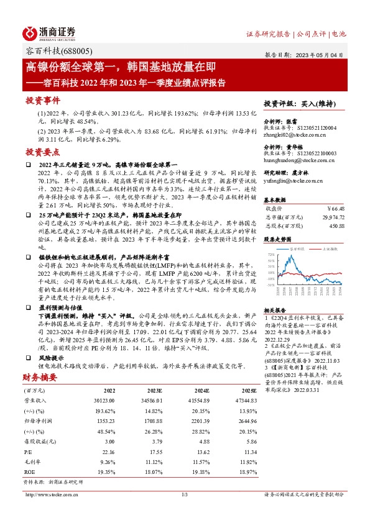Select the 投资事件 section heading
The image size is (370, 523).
click(42, 100)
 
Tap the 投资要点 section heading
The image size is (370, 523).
click(42, 152)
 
